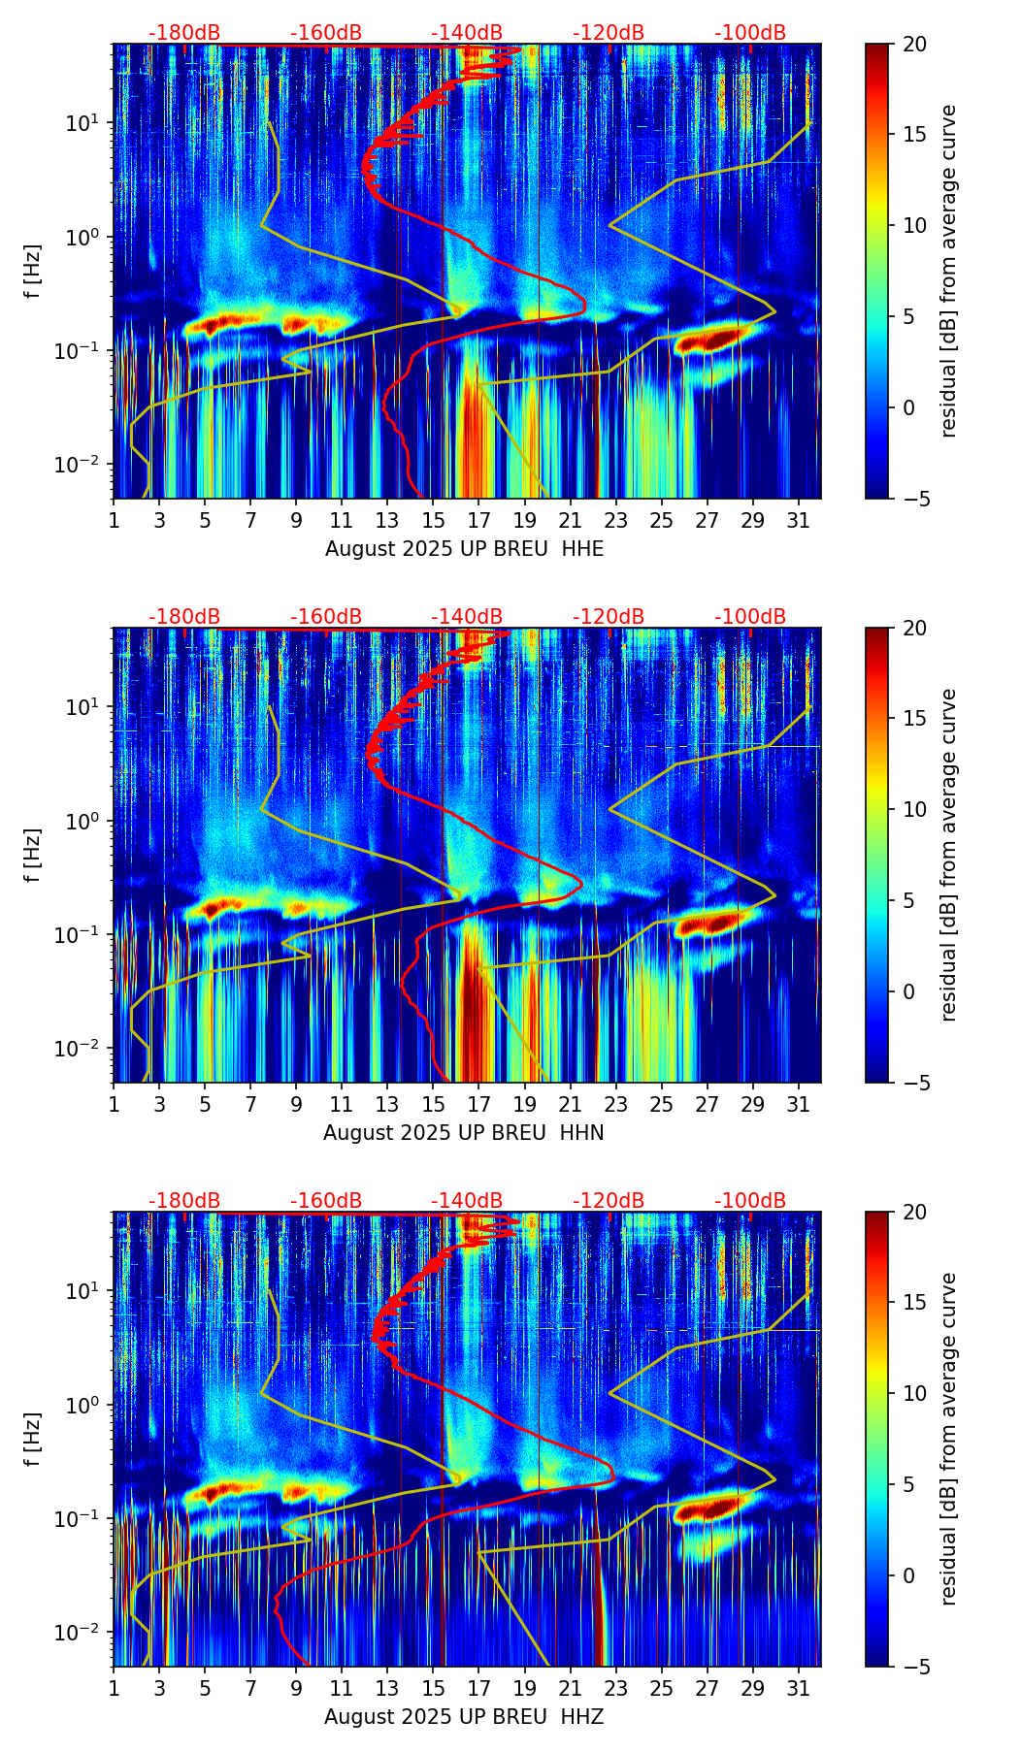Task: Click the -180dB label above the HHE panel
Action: click(x=184, y=33)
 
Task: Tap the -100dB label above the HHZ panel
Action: click(x=750, y=1201)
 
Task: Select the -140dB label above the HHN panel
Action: click(x=468, y=617)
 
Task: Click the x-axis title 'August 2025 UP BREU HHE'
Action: click(x=464, y=549)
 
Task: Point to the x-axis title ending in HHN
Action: click(x=464, y=1133)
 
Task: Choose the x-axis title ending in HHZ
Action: click(x=464, y=1717)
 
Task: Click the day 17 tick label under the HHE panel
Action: click(x=478, y=520)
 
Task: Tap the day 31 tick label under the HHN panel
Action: click(x=799, y=1104)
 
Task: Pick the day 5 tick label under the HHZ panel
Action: click(x=205, y=1688)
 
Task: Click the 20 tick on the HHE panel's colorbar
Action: click(x=914, y=44)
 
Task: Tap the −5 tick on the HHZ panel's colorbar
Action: click(x=914, y=1666)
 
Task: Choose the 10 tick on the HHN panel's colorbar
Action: click(x=914, y=809)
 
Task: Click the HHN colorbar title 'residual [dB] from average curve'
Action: click(x=949, y=855)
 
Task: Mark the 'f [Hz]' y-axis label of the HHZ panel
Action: click(x=33, y=1439)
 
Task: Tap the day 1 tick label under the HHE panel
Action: click(x=114, y=520)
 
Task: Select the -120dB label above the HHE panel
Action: click(x=609, y=33)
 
